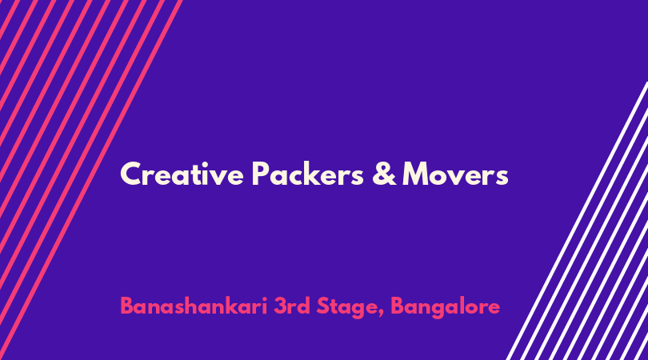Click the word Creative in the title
pyautogui.click(x=182, y=174)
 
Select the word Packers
pyautogui.click(x=307, y=174)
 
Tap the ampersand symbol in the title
pyautogui.click(x=384, y=174)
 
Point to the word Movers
pyautogui.click(x=455, y=174)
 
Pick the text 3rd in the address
pyautogui.click(x=292, y=306)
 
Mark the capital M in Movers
pyautogui.click(x=416, y=174)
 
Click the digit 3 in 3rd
pyautogui.click(x=280, y=306)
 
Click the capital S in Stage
pyautogui.click(x=323, y=306)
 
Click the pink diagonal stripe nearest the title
pyautogui.click(x=91, y=180)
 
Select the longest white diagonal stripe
pyautogui.click(x=577, y=221)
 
